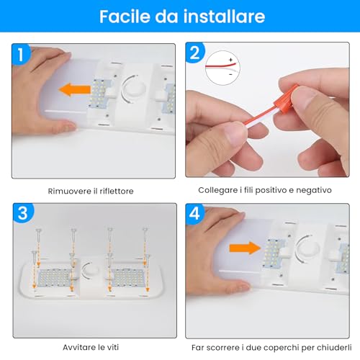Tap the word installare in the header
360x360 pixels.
coord(224,17)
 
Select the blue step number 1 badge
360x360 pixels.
coord(22,54)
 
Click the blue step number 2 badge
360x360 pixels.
coord(195,53)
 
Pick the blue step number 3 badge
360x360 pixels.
coord(23,213)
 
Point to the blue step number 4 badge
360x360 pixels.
coord(195,213)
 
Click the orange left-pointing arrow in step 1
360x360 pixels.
coord(75,90)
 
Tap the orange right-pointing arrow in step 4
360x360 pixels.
coord(245,248)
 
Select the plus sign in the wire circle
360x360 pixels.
coord(230,60)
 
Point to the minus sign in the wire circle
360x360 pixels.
coord(230,74)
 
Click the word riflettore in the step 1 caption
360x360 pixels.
coord(117,192)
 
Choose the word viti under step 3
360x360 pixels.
coord(112,347)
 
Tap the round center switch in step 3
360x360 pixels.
coord(90,271)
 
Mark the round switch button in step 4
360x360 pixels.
coord(307,248)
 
